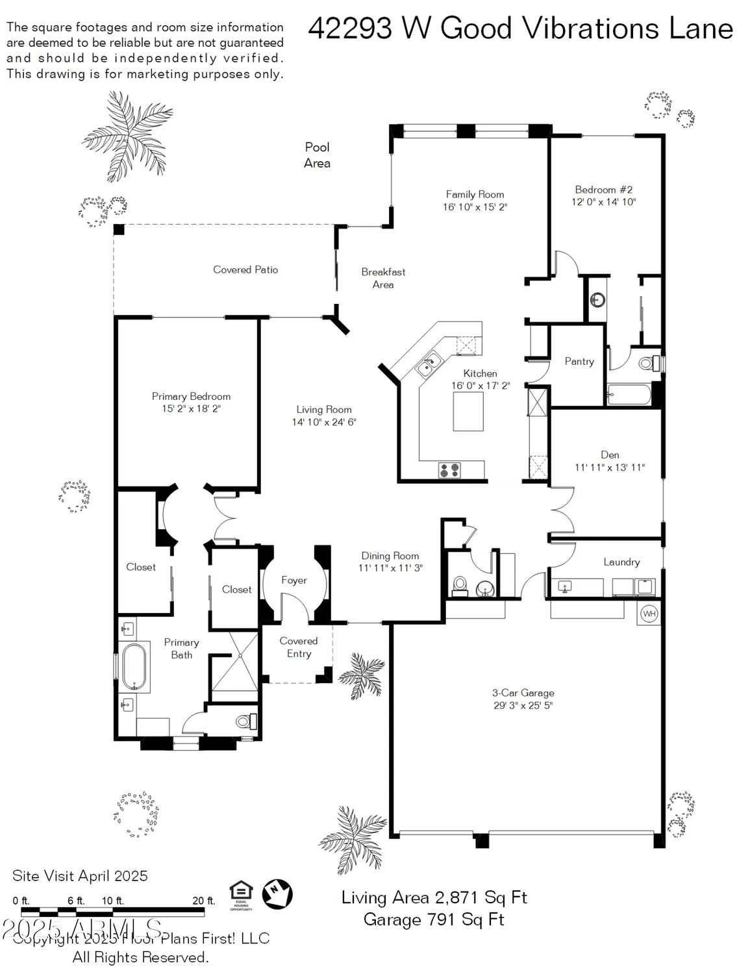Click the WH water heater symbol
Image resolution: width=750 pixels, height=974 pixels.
point(649,614)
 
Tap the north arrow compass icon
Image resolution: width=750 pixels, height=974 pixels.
point(277,894)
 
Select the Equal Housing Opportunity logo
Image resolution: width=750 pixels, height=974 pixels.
point(241,895)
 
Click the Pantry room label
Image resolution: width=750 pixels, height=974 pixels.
point(579,362)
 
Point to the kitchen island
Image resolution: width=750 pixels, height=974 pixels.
point(468,412)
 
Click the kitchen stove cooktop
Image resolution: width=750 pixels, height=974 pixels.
point(449,470)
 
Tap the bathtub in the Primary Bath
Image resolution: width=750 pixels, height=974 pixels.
point(134,666)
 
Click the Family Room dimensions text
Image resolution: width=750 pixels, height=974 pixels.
point(475,207)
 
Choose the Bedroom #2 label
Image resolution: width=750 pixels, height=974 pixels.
point(603,190)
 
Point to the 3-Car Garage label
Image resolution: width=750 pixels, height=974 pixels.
point(523,693)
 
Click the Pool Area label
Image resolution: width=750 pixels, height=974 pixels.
point(317,155)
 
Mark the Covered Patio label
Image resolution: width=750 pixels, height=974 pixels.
point(245,269)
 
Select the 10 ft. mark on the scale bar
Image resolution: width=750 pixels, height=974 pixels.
point(112,901)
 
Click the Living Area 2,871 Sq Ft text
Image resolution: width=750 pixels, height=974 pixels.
point(434,897)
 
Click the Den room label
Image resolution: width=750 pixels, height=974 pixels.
point(610,455)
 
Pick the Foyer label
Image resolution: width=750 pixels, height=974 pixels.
point(294,580)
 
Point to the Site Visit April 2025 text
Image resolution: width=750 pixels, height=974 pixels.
point(80,875)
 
